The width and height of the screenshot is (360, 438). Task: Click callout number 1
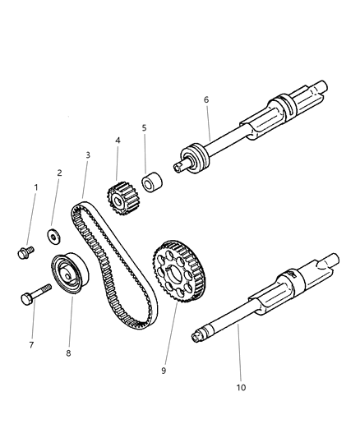coord(35,187)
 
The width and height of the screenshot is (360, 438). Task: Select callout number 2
coord(59,173)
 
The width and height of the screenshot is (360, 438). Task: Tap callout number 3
coord(88,154)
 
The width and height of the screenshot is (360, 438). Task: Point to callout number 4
coord(118,141)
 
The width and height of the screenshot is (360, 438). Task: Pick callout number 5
coord(144,128)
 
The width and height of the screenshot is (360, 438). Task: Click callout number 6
coord(205,99)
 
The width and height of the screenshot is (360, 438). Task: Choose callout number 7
coord(31,344)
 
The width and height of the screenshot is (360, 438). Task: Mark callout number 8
coord(70,354)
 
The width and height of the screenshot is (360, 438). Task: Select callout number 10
coord(242,386)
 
